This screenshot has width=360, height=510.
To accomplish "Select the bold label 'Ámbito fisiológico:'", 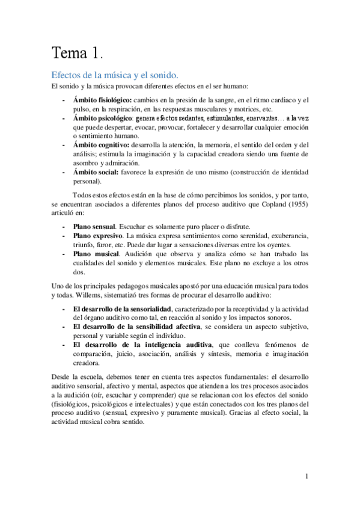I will click(102, 100).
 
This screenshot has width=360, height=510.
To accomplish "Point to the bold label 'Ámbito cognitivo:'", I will click(99, 144).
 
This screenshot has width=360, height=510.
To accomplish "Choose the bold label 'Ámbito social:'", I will click(94, 172).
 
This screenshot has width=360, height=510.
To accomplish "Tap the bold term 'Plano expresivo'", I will click(95, 235).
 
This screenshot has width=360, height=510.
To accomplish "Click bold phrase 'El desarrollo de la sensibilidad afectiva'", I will click(138, 326).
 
